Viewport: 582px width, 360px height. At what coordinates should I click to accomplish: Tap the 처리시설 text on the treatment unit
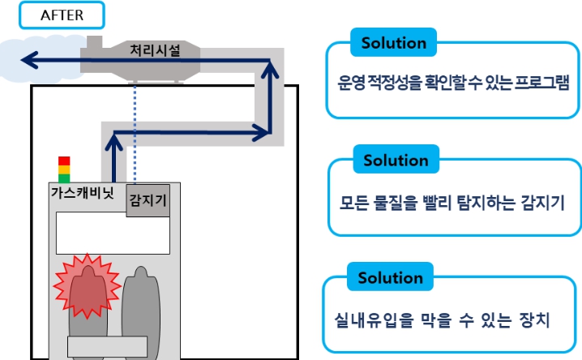(x=155, y=50)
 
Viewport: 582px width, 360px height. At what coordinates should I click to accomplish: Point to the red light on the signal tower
(x=64, y=161)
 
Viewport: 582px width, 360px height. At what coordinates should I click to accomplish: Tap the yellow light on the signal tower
(x=64, y=169)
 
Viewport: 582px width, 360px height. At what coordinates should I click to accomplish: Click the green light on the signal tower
(x=64, y=178)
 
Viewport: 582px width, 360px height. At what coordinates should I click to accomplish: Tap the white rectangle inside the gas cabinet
(x=113, y=234)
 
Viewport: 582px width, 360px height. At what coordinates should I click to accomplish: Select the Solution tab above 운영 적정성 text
(x=393, y=43)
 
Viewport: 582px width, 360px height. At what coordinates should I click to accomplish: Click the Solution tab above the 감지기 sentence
(x=396, y=160)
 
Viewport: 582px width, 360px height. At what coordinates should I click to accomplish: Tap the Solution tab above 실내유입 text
(x=390, y=277)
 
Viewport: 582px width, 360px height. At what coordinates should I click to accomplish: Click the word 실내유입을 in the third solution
(x=374, y=319)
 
